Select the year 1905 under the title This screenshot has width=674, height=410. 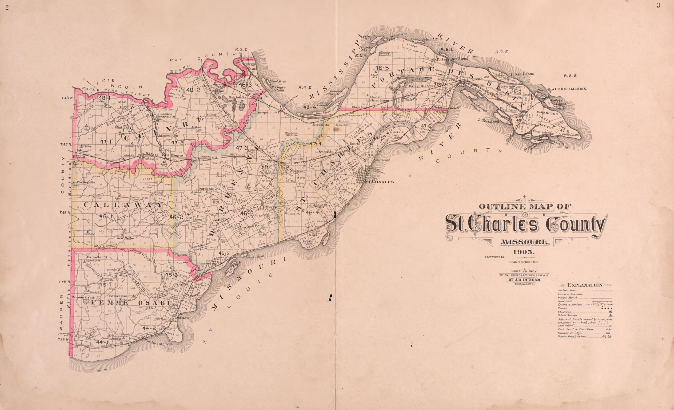click(524, 252)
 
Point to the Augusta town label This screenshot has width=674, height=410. click(117, 339)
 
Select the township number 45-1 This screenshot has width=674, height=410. click(105, 285)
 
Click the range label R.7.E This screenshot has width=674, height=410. click(501, 52)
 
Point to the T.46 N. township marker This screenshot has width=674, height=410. click(66, 212)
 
